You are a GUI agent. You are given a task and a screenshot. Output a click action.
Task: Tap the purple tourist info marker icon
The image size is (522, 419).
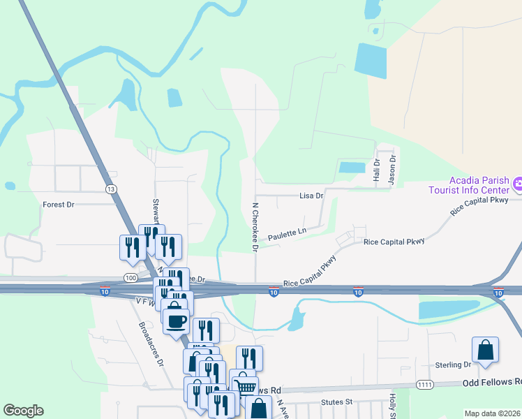point(517,185)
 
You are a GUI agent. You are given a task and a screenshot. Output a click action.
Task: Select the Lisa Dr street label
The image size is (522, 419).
point(311,196)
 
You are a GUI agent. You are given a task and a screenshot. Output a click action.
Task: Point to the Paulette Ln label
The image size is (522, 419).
point(288,230)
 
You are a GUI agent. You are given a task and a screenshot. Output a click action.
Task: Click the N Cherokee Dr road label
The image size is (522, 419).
point(255,227)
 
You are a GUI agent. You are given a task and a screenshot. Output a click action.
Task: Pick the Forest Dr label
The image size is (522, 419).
point(59,205)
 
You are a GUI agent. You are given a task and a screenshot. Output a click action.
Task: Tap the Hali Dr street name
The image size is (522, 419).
point(377,171)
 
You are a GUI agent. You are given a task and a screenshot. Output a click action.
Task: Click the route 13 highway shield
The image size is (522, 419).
point(110,189)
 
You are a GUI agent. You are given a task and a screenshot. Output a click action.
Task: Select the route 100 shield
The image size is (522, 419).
point(130,278)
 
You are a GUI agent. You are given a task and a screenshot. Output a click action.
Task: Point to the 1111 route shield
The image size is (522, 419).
point(424,385)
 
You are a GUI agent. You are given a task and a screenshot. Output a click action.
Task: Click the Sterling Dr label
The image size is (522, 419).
point(453,365)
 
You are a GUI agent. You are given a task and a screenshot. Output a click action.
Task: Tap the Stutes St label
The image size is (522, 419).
point(338,402)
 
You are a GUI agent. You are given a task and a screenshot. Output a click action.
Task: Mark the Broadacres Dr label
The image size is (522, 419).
point(150,344)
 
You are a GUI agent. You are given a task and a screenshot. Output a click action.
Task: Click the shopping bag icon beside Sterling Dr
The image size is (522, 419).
point(485,350)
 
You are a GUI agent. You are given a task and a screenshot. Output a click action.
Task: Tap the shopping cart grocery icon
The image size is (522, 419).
point(244,386)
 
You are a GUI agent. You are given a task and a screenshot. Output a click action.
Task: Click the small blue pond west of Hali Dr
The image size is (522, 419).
point(352,168)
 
